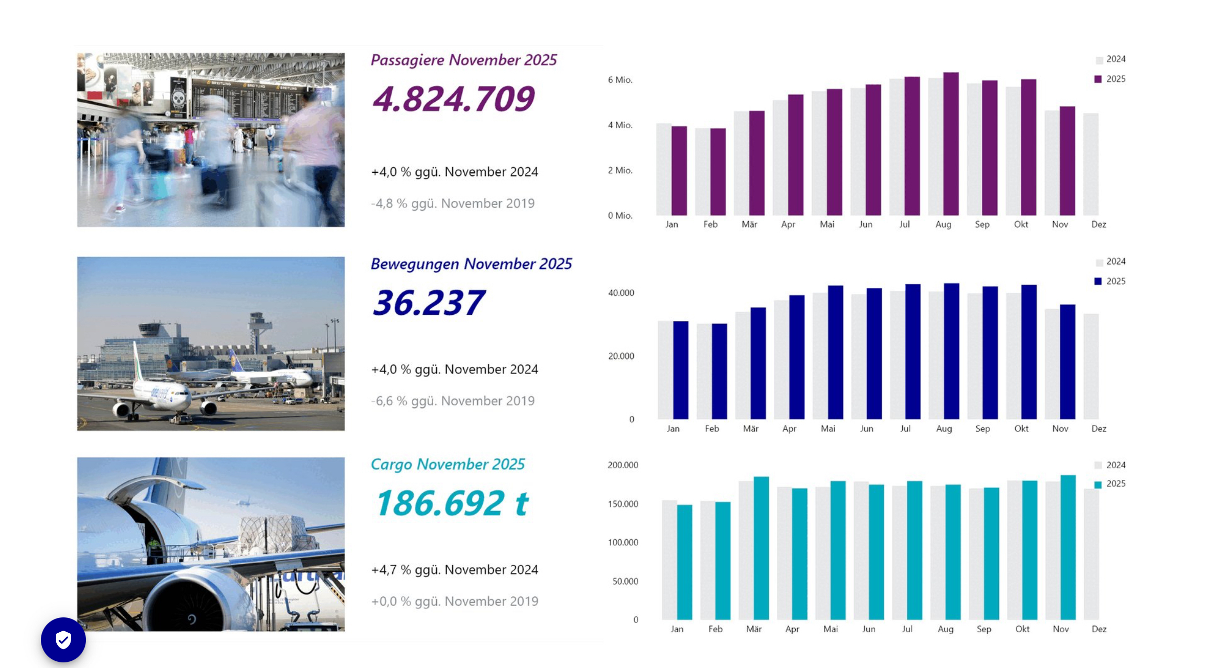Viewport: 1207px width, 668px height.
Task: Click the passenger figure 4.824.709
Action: (453, 99)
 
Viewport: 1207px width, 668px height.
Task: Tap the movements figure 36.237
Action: (428, 303)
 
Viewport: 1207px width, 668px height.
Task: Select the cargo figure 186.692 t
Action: (452, 503)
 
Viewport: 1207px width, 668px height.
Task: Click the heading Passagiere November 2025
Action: (463, 60)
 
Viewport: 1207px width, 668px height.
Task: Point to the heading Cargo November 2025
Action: (448, 464)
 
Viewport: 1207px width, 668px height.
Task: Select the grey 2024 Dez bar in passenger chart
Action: (1090, 165)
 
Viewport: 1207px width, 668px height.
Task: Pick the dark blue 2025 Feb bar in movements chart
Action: (719, 372)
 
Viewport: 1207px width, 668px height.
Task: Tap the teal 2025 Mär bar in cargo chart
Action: (761, 548)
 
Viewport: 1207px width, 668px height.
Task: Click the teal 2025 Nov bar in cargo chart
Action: (1068, 547)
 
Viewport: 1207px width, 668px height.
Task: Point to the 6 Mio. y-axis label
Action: (620, 80)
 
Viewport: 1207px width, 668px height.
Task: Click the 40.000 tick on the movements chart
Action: (621, 293)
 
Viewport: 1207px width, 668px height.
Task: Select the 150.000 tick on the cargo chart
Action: (623, 504)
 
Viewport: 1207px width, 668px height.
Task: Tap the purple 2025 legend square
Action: (1098, 79)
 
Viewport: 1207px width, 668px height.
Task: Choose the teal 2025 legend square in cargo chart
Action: (1098, 485)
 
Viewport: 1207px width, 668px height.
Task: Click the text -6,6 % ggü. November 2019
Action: (453, 401)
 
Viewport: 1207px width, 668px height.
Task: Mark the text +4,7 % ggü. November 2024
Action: (455, 570)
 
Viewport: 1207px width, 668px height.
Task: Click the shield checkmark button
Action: (63, 640)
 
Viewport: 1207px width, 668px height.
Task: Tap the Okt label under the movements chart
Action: (1021, 429)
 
